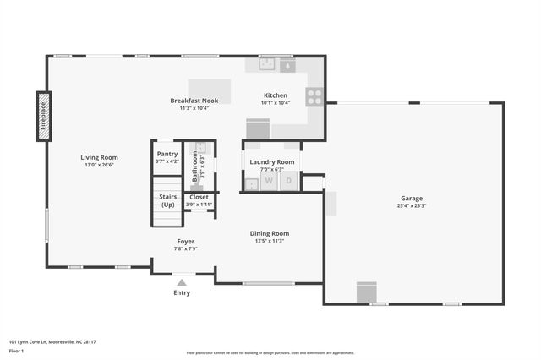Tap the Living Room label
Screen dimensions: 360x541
click(99, 157)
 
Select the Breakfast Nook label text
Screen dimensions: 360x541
click(194, 100)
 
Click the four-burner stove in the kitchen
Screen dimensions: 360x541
click(314, 97)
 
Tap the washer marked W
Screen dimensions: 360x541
click(269, 180)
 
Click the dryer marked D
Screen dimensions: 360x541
click(289, 180)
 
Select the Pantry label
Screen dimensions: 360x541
click(167, 154)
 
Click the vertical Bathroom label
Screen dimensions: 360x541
click(194, 166)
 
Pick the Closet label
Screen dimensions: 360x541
click(199, 197)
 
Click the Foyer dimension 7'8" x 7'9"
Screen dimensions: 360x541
click(185, 248)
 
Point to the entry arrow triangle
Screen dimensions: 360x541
click(182, 282)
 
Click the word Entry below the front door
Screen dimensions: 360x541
click(182, 293)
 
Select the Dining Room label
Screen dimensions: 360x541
click(269, 233)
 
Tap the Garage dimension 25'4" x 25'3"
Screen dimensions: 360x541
click(412, 205)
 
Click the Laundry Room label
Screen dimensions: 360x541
click(272, 161)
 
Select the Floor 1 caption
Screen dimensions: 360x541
click(16, 350)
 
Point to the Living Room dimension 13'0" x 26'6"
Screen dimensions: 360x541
click(99, 166)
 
